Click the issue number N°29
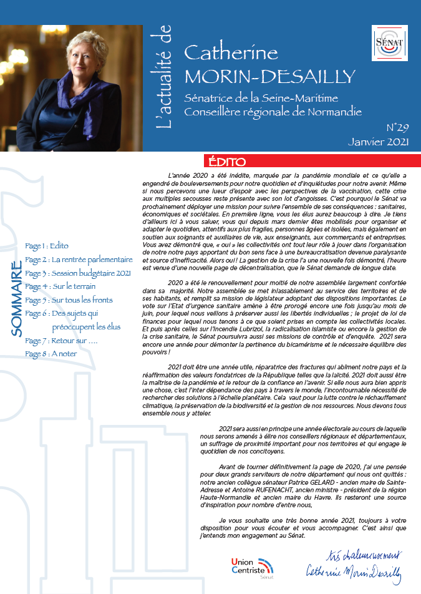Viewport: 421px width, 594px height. pyautogui.click(x=397, y=127)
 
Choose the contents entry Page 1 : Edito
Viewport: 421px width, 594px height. pyautogui.click(x=47, y=246)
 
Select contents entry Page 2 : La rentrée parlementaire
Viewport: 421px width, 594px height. pyautogui.click(x=79, y=260)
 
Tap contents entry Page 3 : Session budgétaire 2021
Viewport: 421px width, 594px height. pyautogui.click(x=78, y=273)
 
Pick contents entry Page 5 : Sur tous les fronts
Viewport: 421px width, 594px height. pyautogui.click(x=67, y=301)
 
